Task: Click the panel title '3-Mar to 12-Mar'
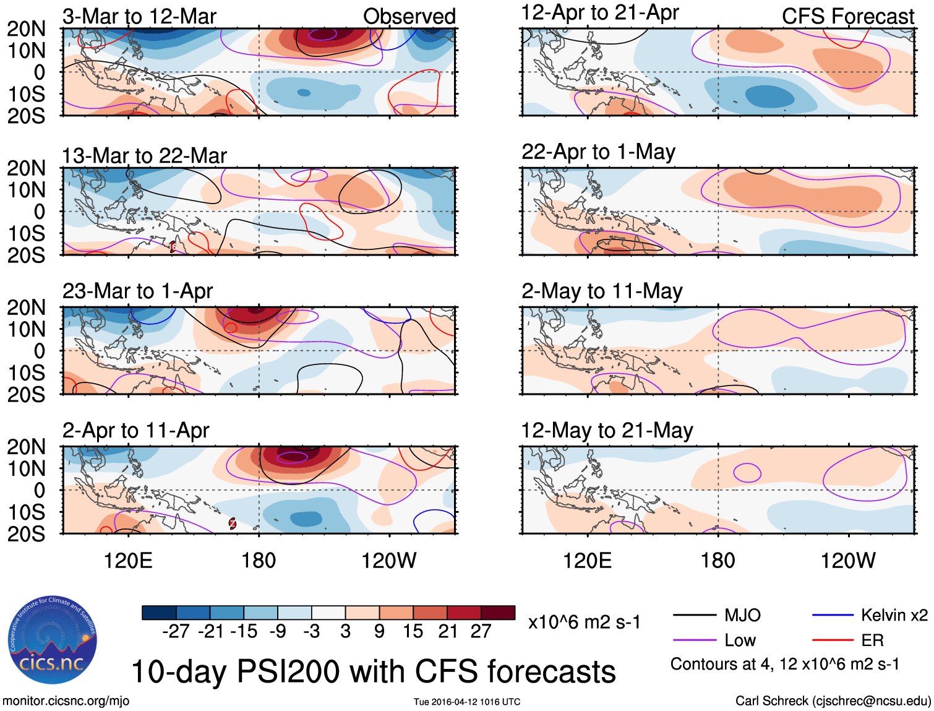tap(139, 16)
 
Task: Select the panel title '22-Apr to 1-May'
tap(598, 152)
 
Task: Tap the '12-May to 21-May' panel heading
tap(607, 430)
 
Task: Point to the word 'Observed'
tap(409, 16)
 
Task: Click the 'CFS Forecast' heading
tap(847, 16)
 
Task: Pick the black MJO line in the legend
tap(695, 615)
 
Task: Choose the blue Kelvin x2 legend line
tap(833, 615)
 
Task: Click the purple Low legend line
tap(695, 640)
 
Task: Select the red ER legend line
tap(833, 640)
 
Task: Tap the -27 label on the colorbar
tap(176, 631)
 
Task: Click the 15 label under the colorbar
tap(413, 631)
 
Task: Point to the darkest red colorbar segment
tap(498, 613)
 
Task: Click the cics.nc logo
tap(53, 640)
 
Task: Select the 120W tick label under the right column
tap(847, 561)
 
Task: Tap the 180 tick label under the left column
tap(259, 561)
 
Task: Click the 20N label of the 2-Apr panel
tap(26, 447)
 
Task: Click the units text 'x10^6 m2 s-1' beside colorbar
tap(584, 622)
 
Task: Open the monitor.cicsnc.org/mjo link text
tap(66, 701)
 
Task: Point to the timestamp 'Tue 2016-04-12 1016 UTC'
tap(467, 702)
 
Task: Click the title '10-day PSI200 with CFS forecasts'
tap(374, 671)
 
